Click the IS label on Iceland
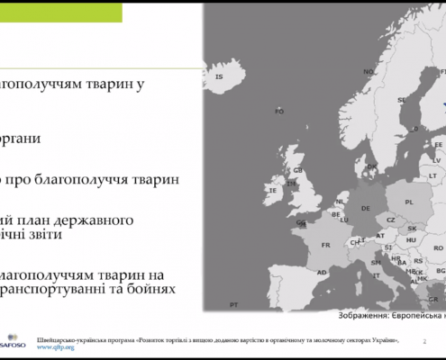(219, 76)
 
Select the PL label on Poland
(409, 202)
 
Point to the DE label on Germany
(364, 209)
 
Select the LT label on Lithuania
(433, 175)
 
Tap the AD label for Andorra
(321, 272)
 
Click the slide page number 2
(424, 342)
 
